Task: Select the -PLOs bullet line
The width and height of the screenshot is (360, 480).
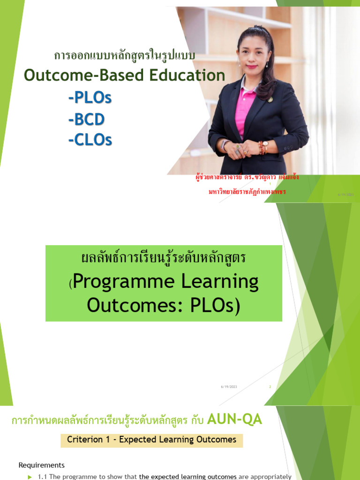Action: [x=90, y=98]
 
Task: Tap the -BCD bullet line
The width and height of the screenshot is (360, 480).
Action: [x=86, y=120]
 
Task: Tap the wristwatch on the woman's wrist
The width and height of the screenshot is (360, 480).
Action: [x=265, y=146]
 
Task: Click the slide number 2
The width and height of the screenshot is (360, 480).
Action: [x=270, y=387]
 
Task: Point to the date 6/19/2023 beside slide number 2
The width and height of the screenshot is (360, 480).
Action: [x=229, y=387]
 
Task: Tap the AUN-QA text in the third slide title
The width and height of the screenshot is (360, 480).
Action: [x=232, y=420]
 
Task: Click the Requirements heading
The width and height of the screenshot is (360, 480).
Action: [x=42, y=465]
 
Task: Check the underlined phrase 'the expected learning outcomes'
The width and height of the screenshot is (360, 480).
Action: [x=188, y=477]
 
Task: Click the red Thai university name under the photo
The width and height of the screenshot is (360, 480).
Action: [x=247, y=192]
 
